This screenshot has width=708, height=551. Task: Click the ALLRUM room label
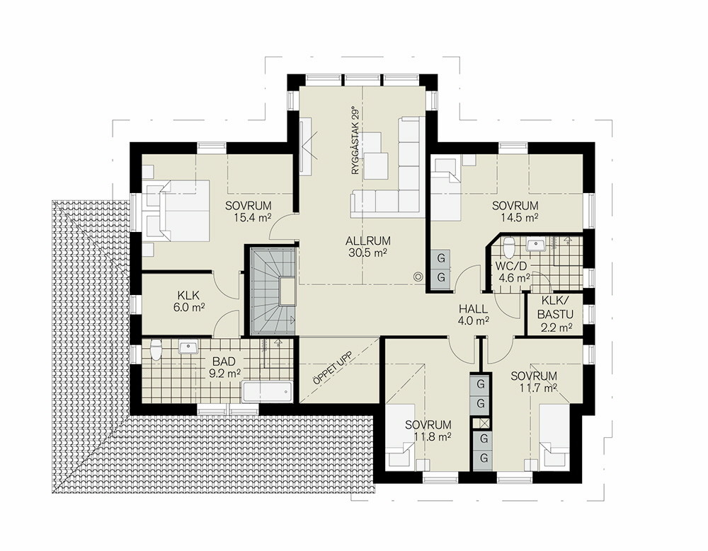coord(368,241)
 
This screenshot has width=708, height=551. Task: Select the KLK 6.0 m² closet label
coord(188,301)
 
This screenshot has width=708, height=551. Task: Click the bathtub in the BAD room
coord(268,391)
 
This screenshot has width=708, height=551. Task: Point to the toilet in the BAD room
coord(156,349)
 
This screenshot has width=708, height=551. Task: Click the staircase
coord(272,291)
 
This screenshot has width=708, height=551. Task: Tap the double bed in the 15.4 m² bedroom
coord(176,210)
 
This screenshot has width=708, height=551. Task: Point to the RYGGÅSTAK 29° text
coord(356,141)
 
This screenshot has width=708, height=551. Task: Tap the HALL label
coord(473,310)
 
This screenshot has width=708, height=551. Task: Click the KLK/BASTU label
coord(555,308)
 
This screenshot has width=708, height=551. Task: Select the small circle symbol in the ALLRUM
coord(418,277)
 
